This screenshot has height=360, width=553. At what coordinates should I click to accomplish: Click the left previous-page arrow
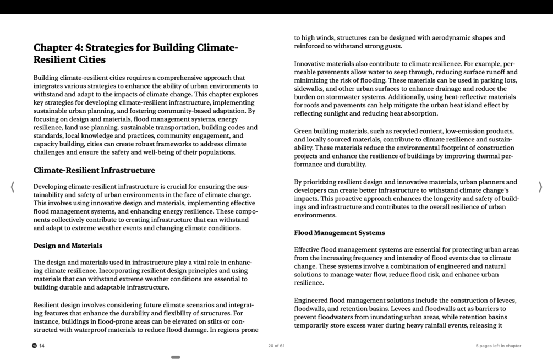pyautogui.click(x=12, y=187)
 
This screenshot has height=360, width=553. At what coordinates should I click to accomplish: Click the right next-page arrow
pyautogui.click(x=540, y=187)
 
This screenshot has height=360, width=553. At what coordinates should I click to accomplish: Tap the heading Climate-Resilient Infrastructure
pyautogui.click(x=94, y=170)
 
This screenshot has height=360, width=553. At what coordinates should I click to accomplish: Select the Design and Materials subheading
pyautogui.click(x=68, y=246)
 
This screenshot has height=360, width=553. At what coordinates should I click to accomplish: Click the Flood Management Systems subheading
pyautogui.click(x=339, y=233)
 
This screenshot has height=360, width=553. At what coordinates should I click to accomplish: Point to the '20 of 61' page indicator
pyautogui.click(x=276, y=346)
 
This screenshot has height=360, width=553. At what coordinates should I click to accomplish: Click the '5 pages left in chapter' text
pyautogui.click(x=498, y=346)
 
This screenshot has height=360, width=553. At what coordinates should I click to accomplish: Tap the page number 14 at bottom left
pyautogui.click(x=42, y=346)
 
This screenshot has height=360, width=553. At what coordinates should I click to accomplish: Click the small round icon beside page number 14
pyautogui.click(x=34, y=346)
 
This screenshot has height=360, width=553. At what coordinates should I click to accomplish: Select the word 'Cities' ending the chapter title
pyautogui.click(x=89, y=59)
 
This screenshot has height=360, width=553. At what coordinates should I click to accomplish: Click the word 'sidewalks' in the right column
pyautogui.click(x=309, y=89)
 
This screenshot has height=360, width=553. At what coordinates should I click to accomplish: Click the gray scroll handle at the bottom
pyautogui.click(x=176, y=357)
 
